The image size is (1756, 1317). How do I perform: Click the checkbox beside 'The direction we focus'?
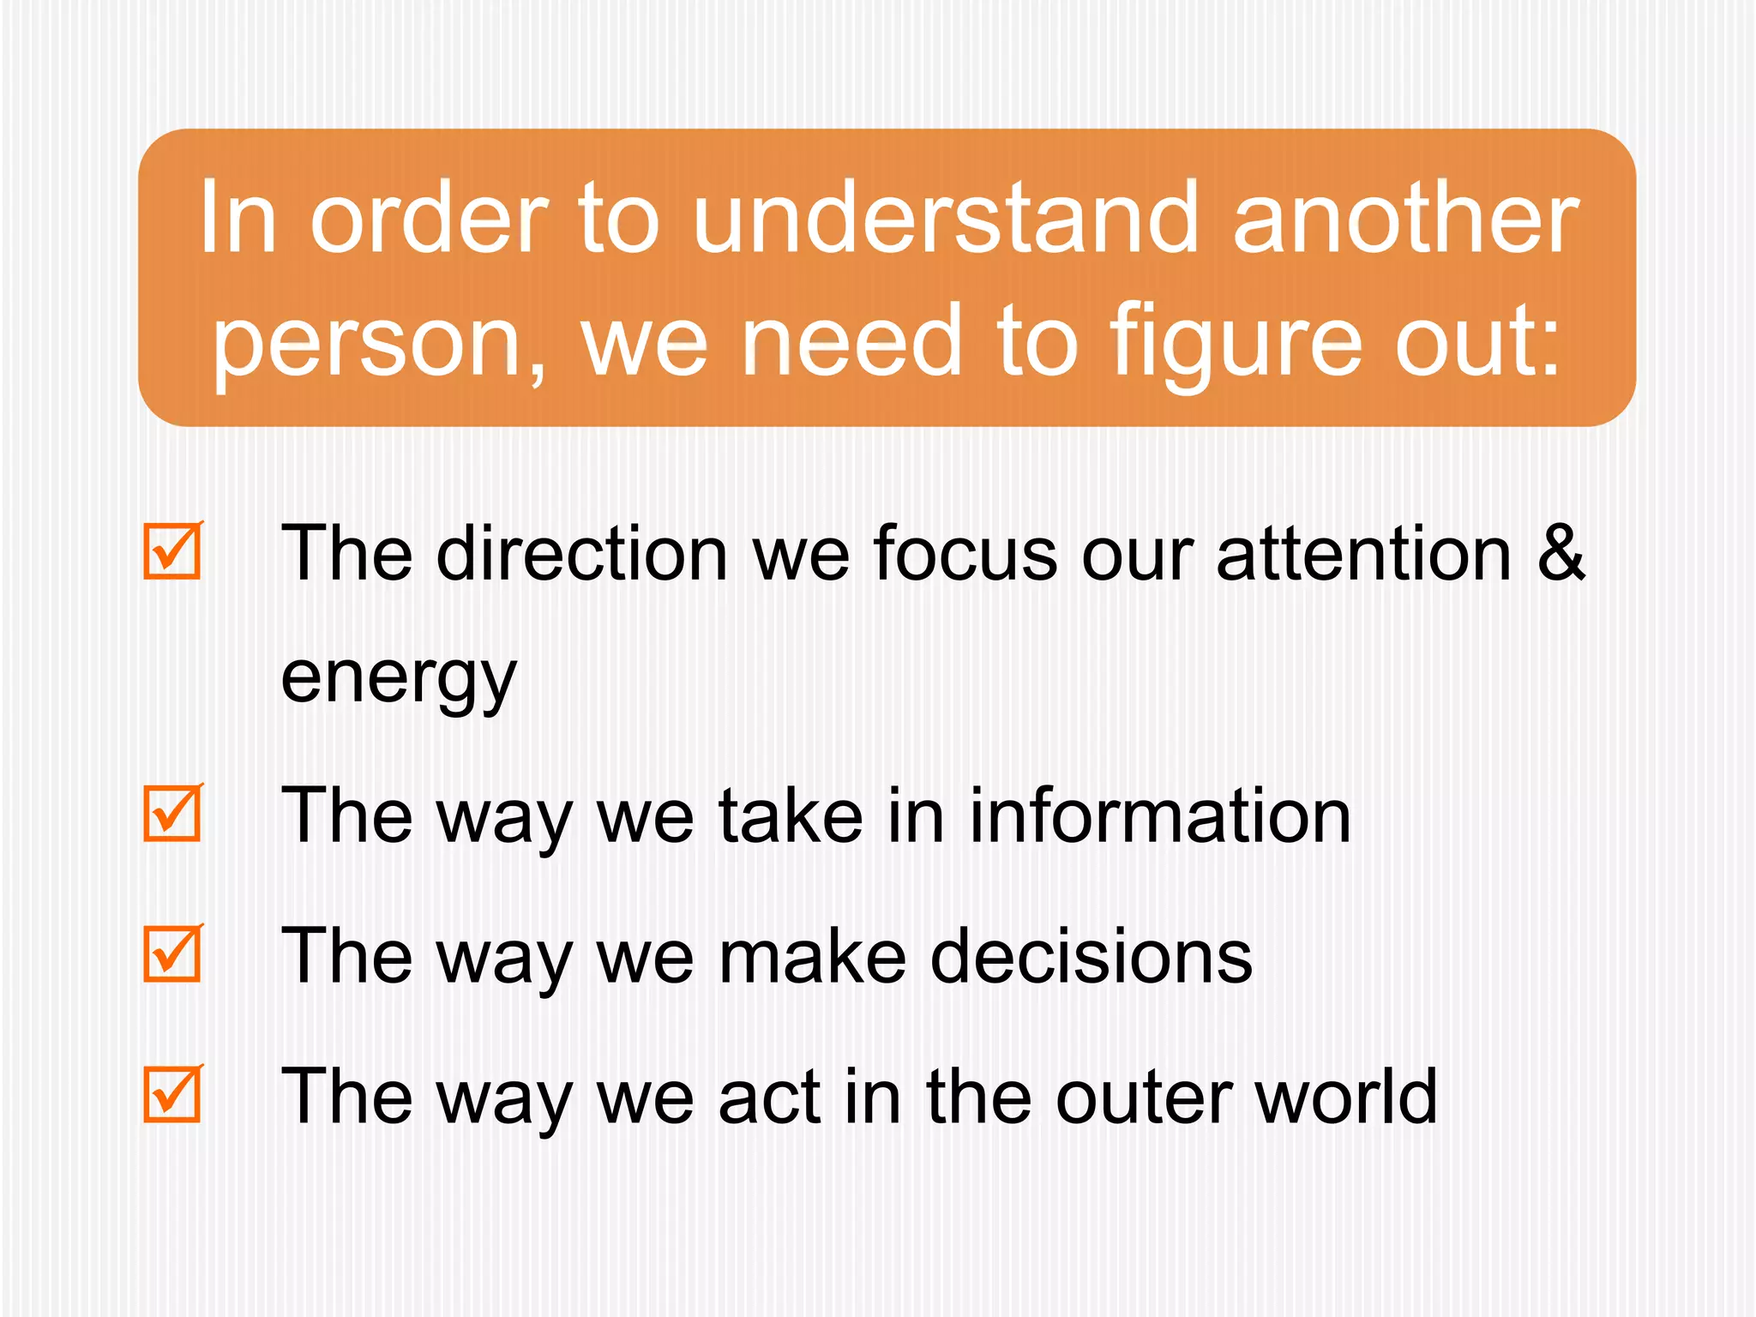point(172,551)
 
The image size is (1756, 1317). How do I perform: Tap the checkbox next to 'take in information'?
point(172,813)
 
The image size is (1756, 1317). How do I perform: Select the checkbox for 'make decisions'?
point(172,953)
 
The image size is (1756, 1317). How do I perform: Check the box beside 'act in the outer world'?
point(172,1094)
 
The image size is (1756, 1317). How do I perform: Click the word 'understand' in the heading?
point(944,219)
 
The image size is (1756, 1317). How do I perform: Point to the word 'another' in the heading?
point(1405,219)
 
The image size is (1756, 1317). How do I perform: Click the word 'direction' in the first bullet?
point(582,554)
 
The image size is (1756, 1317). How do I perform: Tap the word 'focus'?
point(965,554)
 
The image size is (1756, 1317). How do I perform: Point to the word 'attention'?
point(1364,554)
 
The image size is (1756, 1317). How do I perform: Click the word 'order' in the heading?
point(429,219)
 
